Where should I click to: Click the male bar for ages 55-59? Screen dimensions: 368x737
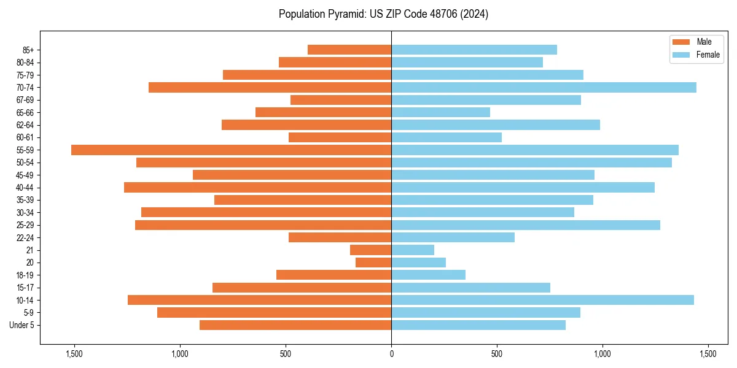[231, 150]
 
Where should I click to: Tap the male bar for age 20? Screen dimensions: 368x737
[373, 263]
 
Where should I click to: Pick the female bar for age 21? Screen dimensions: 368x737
[413, 250]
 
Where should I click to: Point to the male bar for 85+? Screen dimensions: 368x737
[349, 50]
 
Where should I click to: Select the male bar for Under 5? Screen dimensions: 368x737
[295, 325]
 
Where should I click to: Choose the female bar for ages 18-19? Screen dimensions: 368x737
[428, 275]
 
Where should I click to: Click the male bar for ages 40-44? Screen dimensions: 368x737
[257, 187]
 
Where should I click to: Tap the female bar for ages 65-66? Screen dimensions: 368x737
[440, 112]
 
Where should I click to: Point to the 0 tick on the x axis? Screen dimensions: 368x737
[391, 354]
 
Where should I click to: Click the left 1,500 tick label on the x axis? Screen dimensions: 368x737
[74, 354]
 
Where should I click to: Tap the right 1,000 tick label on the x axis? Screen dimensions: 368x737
[602, 354]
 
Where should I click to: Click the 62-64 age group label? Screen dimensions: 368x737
[25, 125]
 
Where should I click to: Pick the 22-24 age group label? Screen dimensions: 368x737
[25, 237]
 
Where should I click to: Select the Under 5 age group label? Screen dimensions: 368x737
[22, 325]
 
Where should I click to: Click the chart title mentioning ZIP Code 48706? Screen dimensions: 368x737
[383, 14]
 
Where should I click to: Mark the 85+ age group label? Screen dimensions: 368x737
[28, 50]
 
